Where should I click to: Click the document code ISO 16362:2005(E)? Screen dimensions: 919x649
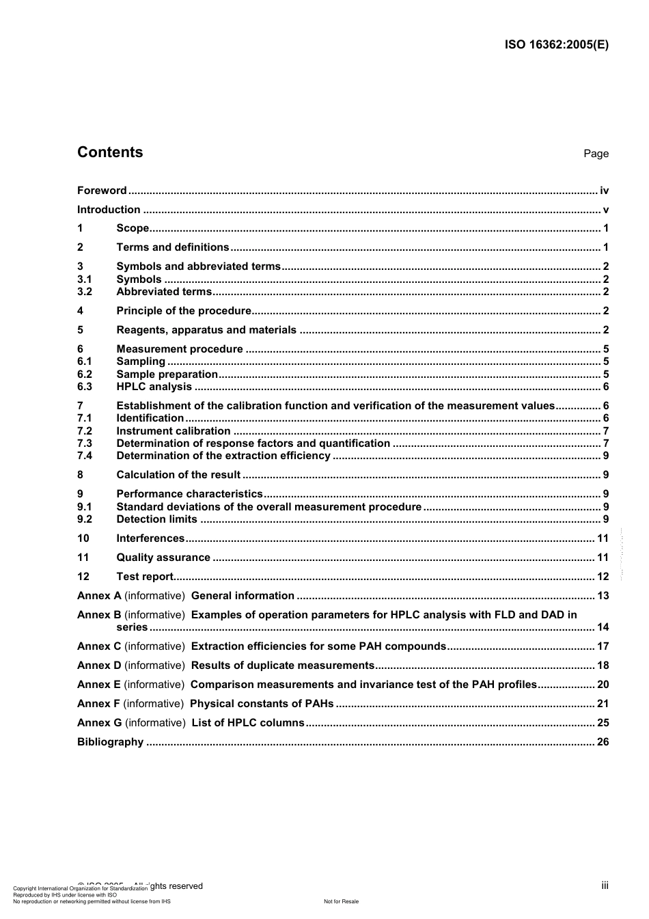[x=556, y=45]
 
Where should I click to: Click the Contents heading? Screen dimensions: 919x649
[x=110, y=152]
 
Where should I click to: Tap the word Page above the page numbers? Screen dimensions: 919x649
[x=596, y=154]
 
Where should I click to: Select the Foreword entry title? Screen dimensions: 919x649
[x=102, y=191]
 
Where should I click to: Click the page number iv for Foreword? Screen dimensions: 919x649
[x=604, y=191]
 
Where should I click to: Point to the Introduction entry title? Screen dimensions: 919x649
[x=109, y=210]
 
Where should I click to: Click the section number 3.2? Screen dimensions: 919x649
[x=85, y=292]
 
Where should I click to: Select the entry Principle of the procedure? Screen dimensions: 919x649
[x=184, y=311]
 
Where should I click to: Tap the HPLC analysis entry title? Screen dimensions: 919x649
[x=154, y=387]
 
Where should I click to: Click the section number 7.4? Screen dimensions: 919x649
[x=85, y=456]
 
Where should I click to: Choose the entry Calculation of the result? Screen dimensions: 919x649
[x=178, y=475]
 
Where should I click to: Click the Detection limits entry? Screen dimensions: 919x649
[x=156, y=519]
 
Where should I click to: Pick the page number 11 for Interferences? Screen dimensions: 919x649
[x=603, y=538]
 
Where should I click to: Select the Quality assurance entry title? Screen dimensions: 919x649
[x=163, y=558]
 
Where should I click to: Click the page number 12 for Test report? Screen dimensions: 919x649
[x=603, y=577]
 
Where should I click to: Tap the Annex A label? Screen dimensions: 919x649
[x=99, y=596]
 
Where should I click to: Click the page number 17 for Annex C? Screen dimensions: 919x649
[x=603, y=646]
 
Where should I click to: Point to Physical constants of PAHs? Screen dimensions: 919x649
[x=262, y=704]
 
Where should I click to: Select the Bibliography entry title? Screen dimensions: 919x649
[x=110, y=742]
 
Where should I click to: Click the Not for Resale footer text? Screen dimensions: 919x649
[x=341, y=901]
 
